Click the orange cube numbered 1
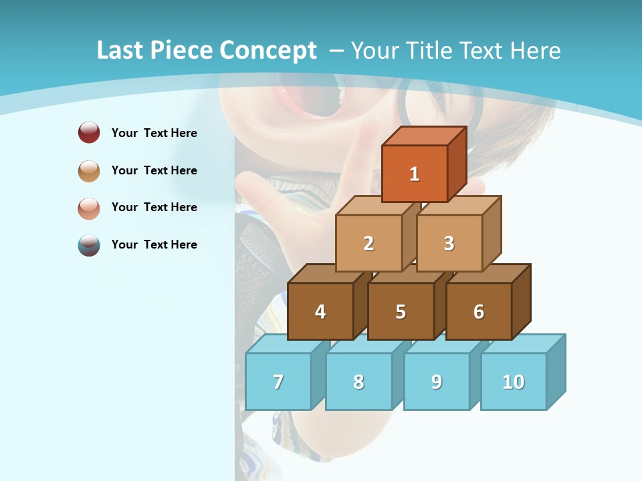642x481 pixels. point(415,174)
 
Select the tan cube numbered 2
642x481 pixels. point(368,243)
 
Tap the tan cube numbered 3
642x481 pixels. point(449,243)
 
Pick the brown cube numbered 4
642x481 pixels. point(320,311)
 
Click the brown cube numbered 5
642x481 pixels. point(401,311)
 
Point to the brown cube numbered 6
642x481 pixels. point(479,311)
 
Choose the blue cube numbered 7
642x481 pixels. point(278,381)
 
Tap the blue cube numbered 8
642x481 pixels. point(358,381)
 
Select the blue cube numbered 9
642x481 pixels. point(437,381)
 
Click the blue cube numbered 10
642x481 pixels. point(514,381)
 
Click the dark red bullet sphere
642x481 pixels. point(89,133)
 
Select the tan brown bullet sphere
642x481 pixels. point(89,170)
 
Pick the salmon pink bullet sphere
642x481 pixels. point(89,208)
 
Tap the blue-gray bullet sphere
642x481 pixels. point(89,245)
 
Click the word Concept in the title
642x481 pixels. point(268,51)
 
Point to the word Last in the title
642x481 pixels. point(120,51)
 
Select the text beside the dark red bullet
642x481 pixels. point(154,133)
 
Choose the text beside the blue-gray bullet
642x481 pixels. point(154,245)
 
